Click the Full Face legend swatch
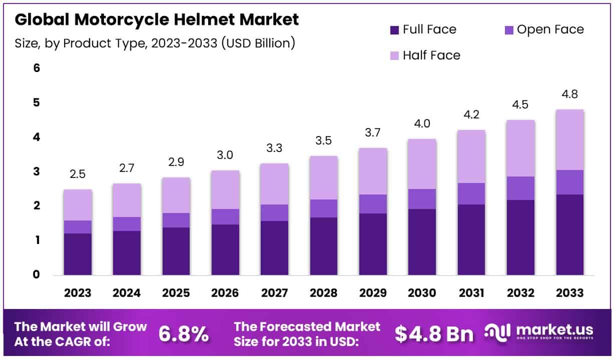394,30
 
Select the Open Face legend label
550,29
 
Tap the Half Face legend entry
431,55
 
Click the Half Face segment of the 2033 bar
569,139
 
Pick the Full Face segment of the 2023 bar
78,254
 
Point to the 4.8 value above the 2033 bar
570,94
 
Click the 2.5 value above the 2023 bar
78,174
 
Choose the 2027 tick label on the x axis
275,293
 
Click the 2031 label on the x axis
471,293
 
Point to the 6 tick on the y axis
36,68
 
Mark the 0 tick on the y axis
36,274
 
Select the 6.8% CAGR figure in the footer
184,334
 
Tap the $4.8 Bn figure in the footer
433,334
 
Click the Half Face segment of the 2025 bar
176,195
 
